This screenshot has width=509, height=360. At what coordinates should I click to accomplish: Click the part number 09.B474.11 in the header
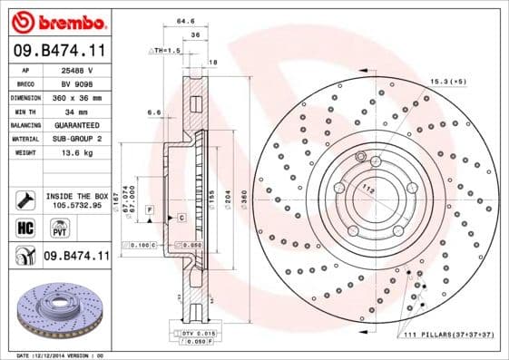point(60,52)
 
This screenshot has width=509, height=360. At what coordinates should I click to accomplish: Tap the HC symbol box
point(24,228)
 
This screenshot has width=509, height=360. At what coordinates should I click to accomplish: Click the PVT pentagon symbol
point(52,228)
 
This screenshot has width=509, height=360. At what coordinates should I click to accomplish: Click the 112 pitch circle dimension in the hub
point(367,189)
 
